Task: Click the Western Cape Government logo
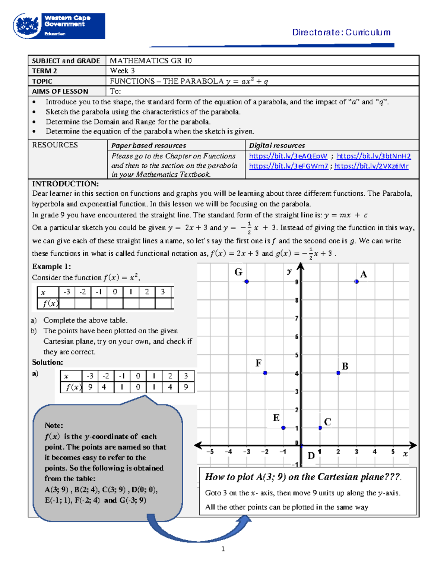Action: [x=59, y=26]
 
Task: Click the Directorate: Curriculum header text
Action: [x=341, y=32]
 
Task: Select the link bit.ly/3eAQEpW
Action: [x=288, y=156]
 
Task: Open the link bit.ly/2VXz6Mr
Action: [x=371, y=166]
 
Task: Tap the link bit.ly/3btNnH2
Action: [x=374, y=156]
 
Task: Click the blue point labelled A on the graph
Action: [x=356, y=281]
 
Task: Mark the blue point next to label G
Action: [x=247, y=281]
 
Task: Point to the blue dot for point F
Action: [x=265, y=373]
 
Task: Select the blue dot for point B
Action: [x=338, y=373]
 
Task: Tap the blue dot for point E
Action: [x=283, y=428]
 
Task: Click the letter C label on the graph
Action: [x=327, y=422]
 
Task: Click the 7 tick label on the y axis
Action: [x=297, y=318]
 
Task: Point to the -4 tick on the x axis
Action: [x=228, y=451]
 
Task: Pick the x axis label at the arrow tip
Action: [x=405, y=454]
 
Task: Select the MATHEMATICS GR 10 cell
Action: [x=150, y=61]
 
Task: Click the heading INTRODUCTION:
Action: [x=65, y=184]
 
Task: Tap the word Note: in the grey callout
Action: [x=54, y=425]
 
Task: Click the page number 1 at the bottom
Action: [x=223, y=548]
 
